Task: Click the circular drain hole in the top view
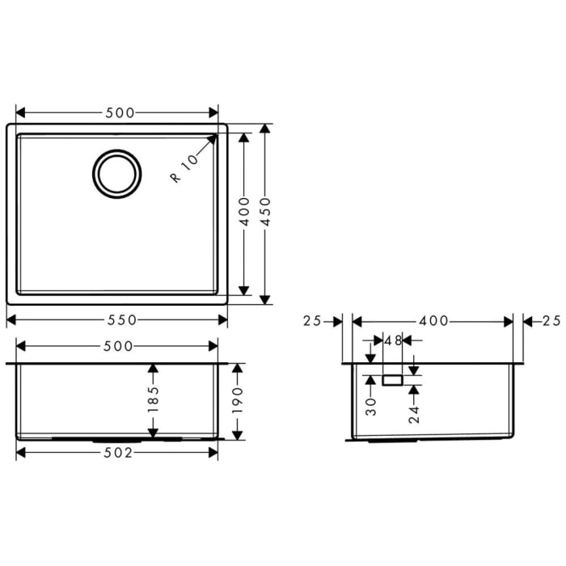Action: click(117, 172)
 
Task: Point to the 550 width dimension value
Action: click(118, 319)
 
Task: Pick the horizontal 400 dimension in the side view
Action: click(433, 321)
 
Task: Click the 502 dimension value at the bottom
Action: click(118, 453)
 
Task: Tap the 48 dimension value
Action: click(393, 340)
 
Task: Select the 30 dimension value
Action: click(370, 404)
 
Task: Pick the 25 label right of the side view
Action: click(551, 321)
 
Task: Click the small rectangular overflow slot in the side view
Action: click(393, 378)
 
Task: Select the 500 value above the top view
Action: click(118, 112)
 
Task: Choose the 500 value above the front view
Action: click(118, 346)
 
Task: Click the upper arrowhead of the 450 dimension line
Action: click(264, 130)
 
